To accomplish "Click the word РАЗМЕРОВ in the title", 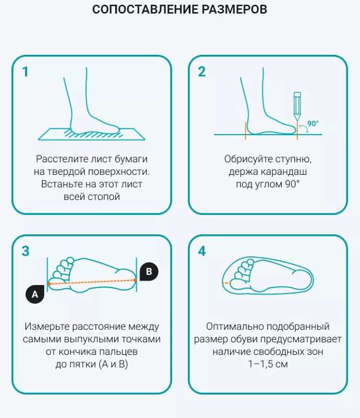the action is coord(234,9).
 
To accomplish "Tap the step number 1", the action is coord(26,71).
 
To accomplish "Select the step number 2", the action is coord(202,71).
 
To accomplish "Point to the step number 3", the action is coord(26,251).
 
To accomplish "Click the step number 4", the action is coord(202,251).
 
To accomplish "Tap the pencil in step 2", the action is coord(297,106).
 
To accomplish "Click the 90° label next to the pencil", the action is coord(313,124).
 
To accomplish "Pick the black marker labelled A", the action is coord(35,294).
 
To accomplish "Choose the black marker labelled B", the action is coord(149,272).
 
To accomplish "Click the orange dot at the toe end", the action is coord(49,284).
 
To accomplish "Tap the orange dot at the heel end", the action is coord(135,280).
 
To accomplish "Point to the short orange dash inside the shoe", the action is coord(226,283).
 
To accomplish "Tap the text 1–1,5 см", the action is coord(268,364).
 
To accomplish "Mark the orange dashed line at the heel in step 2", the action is coord(245,130).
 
